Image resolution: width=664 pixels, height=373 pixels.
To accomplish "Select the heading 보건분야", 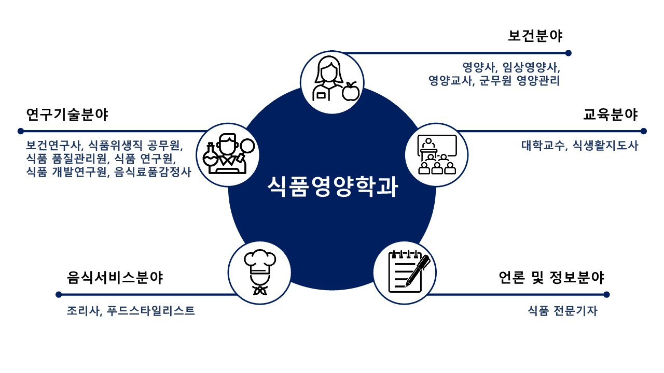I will tap(535, 36).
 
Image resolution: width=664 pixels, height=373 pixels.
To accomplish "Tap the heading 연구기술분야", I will tap(67, 114).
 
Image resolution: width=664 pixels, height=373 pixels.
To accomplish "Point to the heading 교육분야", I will tap(611, 114).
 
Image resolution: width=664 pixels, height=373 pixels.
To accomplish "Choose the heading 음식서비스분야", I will tap(115, 278).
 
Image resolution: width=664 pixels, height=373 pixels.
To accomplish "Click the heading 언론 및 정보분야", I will tap(550, 278).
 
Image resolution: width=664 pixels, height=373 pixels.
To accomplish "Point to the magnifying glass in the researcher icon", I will tap(247, 147).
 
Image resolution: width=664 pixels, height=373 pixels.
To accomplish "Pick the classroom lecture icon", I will tap(437, 154).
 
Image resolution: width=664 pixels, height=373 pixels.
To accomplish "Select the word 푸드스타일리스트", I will tap(151, 311).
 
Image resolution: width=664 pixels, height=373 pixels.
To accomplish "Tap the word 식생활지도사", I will tap(605, 146).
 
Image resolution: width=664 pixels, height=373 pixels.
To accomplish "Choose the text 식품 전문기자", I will tap(562, 311).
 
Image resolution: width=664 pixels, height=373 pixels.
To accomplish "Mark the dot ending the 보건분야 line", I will tap(568, 53).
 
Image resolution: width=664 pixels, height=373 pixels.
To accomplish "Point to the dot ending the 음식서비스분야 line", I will tap(59, 295).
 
